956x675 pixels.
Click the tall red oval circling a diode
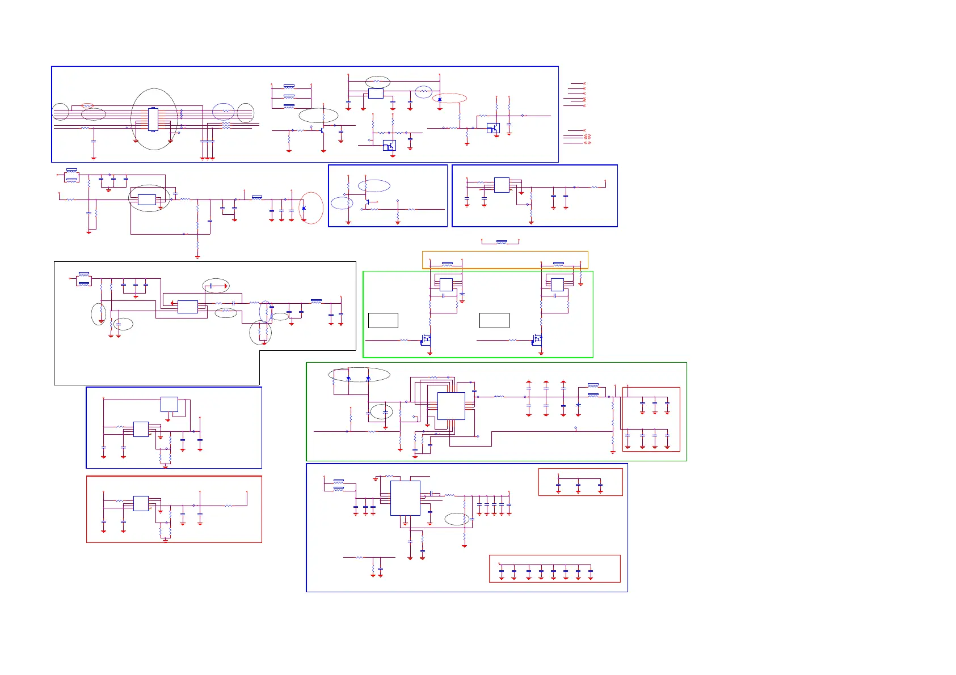311,208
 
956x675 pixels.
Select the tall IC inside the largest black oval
153,119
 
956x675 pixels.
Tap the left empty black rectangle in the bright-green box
383,320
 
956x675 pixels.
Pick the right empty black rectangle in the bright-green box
494,320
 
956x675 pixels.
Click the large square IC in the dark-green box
451,406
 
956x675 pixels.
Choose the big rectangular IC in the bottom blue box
405,498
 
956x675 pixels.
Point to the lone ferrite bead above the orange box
501,242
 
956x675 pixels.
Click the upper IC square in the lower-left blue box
169,404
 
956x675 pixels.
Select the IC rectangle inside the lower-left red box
141,503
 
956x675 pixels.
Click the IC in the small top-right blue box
502,185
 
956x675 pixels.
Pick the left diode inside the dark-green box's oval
348,379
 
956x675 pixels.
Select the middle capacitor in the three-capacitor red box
578,485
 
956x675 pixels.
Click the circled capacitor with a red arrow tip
216,286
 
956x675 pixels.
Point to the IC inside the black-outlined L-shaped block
188,307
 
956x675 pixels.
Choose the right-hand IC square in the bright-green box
557,285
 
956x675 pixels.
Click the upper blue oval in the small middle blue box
374,186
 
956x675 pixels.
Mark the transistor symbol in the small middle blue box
367,201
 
